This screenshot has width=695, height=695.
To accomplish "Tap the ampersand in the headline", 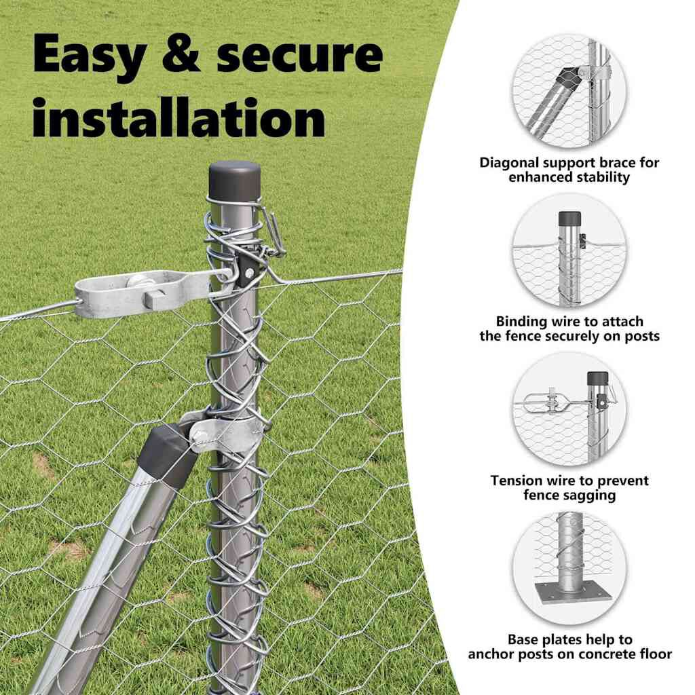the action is click(181, 54).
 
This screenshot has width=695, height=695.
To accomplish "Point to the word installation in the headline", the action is click(179, 117).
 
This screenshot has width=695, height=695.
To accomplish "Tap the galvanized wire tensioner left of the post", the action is click(142, 293).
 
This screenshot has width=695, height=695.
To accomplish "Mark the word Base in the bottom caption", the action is click(523, 639).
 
